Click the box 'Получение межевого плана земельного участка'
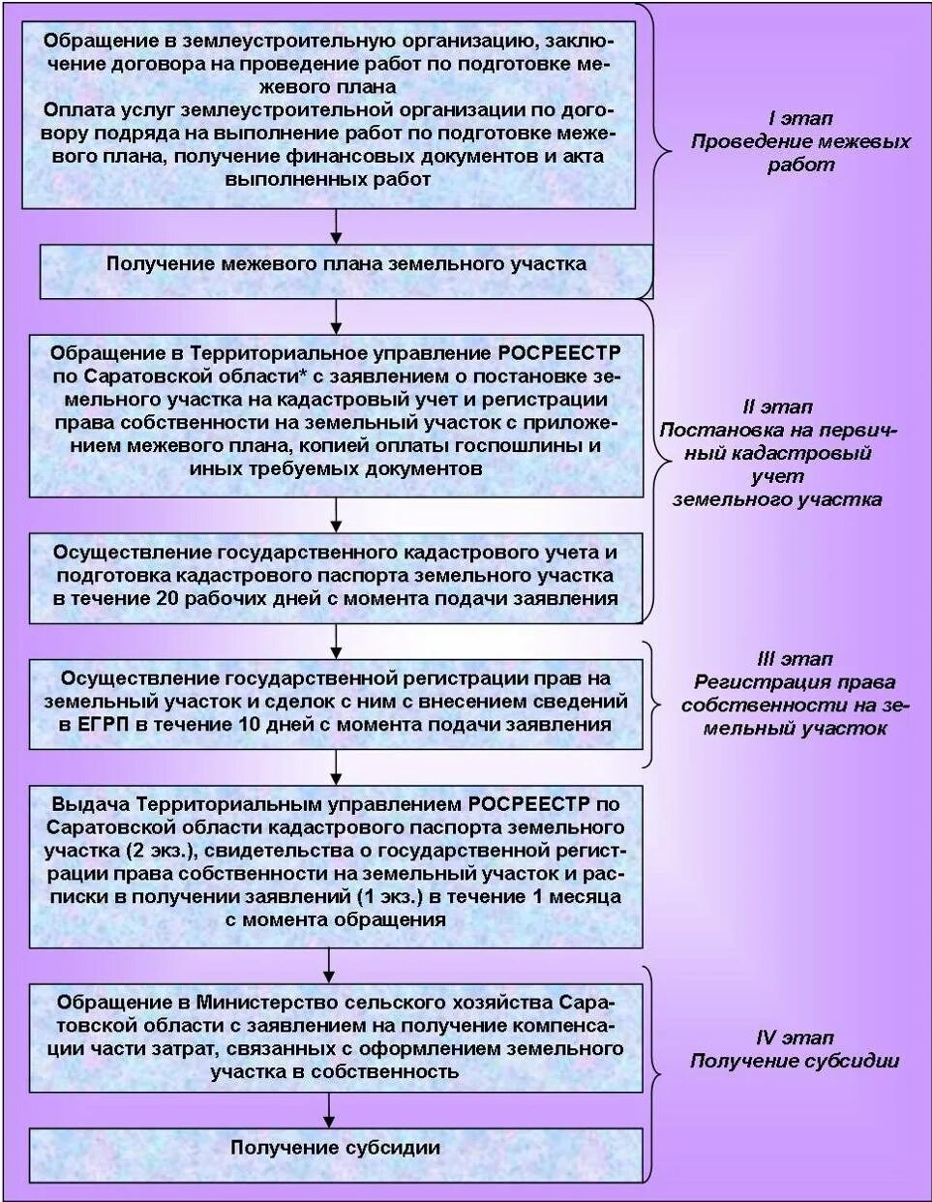[346, 264]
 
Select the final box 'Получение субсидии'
[335, 1148]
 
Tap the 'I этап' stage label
[800, 118]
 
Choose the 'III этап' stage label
[795, 659]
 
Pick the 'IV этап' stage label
[794, 1037]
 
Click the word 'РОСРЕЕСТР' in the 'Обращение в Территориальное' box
[559, 352]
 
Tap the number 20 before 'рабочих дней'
[166, 598]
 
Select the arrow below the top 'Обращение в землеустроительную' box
[335, 226]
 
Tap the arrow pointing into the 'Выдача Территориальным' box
[335, 766]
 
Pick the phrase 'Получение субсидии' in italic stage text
[794, 1061]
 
